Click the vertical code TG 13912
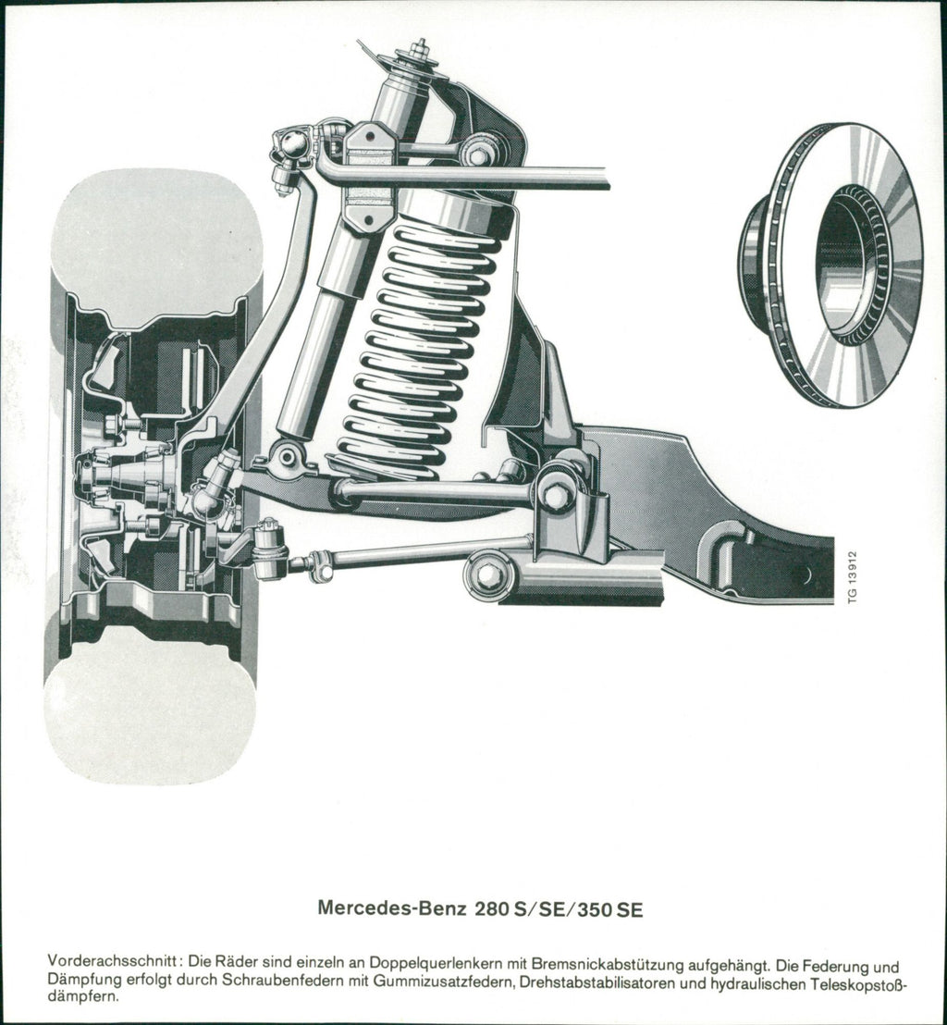tap(853, 577)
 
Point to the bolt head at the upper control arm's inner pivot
tap(479, 154)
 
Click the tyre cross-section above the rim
tap(157, 241)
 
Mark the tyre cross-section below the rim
tap(151, 710)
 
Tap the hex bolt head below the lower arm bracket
tap(486, 574)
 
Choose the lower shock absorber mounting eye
tap(288, 456)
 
